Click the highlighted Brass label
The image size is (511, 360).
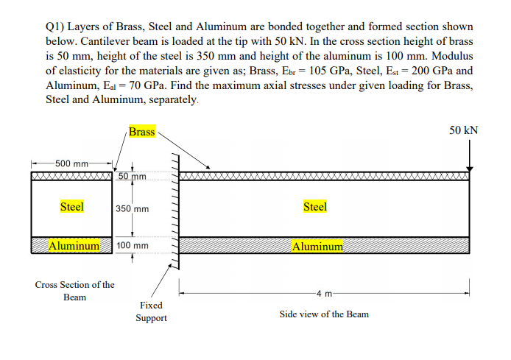pos(141,132)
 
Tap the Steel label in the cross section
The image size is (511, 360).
pos(71,207)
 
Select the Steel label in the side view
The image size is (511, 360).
pos(314,207)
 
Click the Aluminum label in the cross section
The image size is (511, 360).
pos(74,246)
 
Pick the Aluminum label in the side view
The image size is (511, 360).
pos(317,246)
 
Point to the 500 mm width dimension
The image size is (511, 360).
pos(72,163)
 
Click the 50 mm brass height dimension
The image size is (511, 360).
pos(133,177)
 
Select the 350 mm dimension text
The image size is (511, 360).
pos(133,209)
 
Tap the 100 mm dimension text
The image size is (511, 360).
pos(133,246)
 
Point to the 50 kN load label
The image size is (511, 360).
pos(464,130)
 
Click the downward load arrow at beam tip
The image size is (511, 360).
pos(469,156)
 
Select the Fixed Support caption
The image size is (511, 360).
pos(151,311)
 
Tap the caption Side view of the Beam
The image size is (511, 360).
pos(324,314)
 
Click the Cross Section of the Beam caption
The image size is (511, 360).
pos(74,291)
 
